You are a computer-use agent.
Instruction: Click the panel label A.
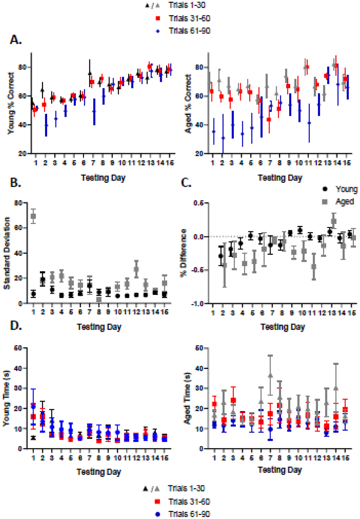16,40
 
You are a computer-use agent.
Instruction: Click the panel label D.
16,326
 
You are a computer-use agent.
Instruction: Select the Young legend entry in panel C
346,189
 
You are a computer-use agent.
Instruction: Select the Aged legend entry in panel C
344,202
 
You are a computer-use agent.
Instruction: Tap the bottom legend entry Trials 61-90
189,514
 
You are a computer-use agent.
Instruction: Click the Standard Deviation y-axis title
7,253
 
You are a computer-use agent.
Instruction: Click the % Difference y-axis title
184,253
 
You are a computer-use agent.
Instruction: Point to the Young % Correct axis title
11,103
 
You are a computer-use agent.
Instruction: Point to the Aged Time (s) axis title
187,398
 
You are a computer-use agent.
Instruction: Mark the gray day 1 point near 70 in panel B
33,216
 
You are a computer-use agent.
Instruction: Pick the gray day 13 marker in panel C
334,221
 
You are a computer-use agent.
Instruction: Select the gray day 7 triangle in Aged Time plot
270,375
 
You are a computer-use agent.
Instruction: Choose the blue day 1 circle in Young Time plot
33,407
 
